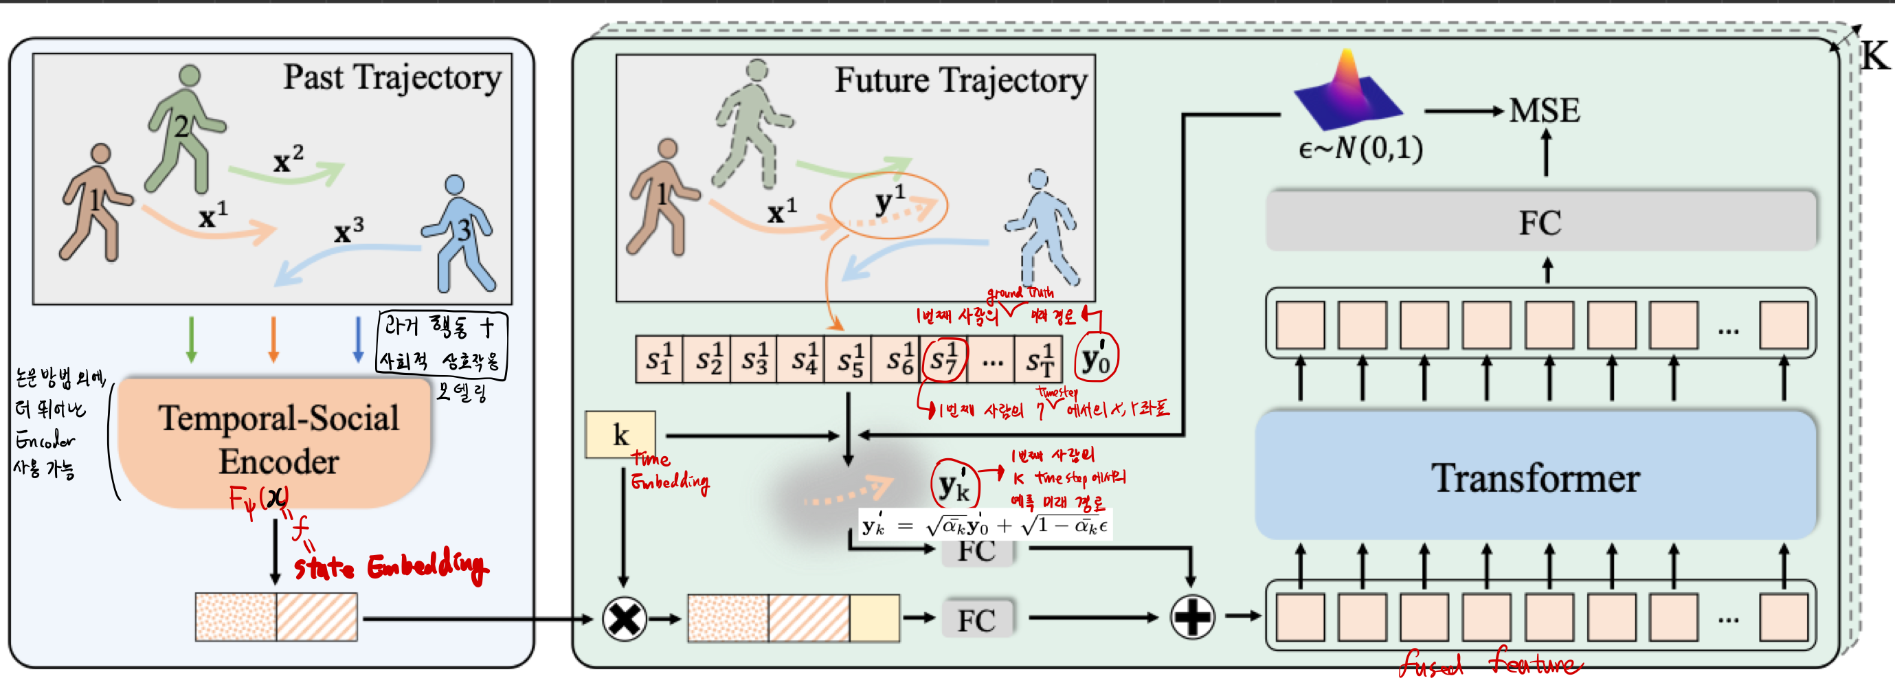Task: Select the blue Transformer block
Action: tap(1534, 477)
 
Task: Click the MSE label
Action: tap(1544, 111)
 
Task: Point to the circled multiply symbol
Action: tap(624, 618)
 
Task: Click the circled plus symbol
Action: tap(1191, 616)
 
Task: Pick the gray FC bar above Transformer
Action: tap(1540, 221)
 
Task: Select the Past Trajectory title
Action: tap(392, 77)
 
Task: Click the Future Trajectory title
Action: tap(960, 80)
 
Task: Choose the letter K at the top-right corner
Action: tap(1874, 56)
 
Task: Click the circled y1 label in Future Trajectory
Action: tap(888, 204)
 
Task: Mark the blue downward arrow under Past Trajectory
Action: tap(358, 339)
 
